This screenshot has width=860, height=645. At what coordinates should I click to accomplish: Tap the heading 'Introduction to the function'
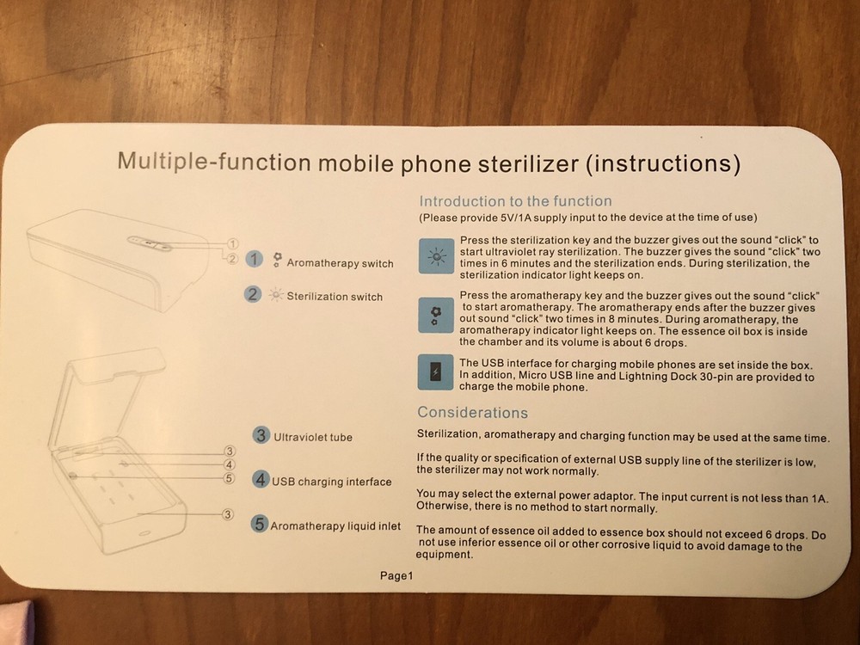(514, 201)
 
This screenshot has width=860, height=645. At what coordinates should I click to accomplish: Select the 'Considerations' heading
(472, 413)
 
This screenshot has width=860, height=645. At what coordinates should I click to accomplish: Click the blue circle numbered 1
(254, 260)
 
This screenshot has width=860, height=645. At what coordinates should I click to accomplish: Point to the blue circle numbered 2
(253, 294)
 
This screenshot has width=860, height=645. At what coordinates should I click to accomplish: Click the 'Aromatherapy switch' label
(340, 262)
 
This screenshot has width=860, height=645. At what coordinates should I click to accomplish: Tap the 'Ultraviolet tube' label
(313, 437)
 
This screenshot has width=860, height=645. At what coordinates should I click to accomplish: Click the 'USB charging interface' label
(331, 482)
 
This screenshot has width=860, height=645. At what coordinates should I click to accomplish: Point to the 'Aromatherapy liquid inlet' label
(335, 525)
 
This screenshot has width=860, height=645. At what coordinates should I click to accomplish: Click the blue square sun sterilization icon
(435, 256)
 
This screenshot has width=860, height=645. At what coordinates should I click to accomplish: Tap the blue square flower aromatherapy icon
(435, 316)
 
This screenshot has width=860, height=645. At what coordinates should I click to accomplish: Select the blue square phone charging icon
(435, 374)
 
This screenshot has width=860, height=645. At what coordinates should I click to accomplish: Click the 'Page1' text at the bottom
(397, 576)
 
